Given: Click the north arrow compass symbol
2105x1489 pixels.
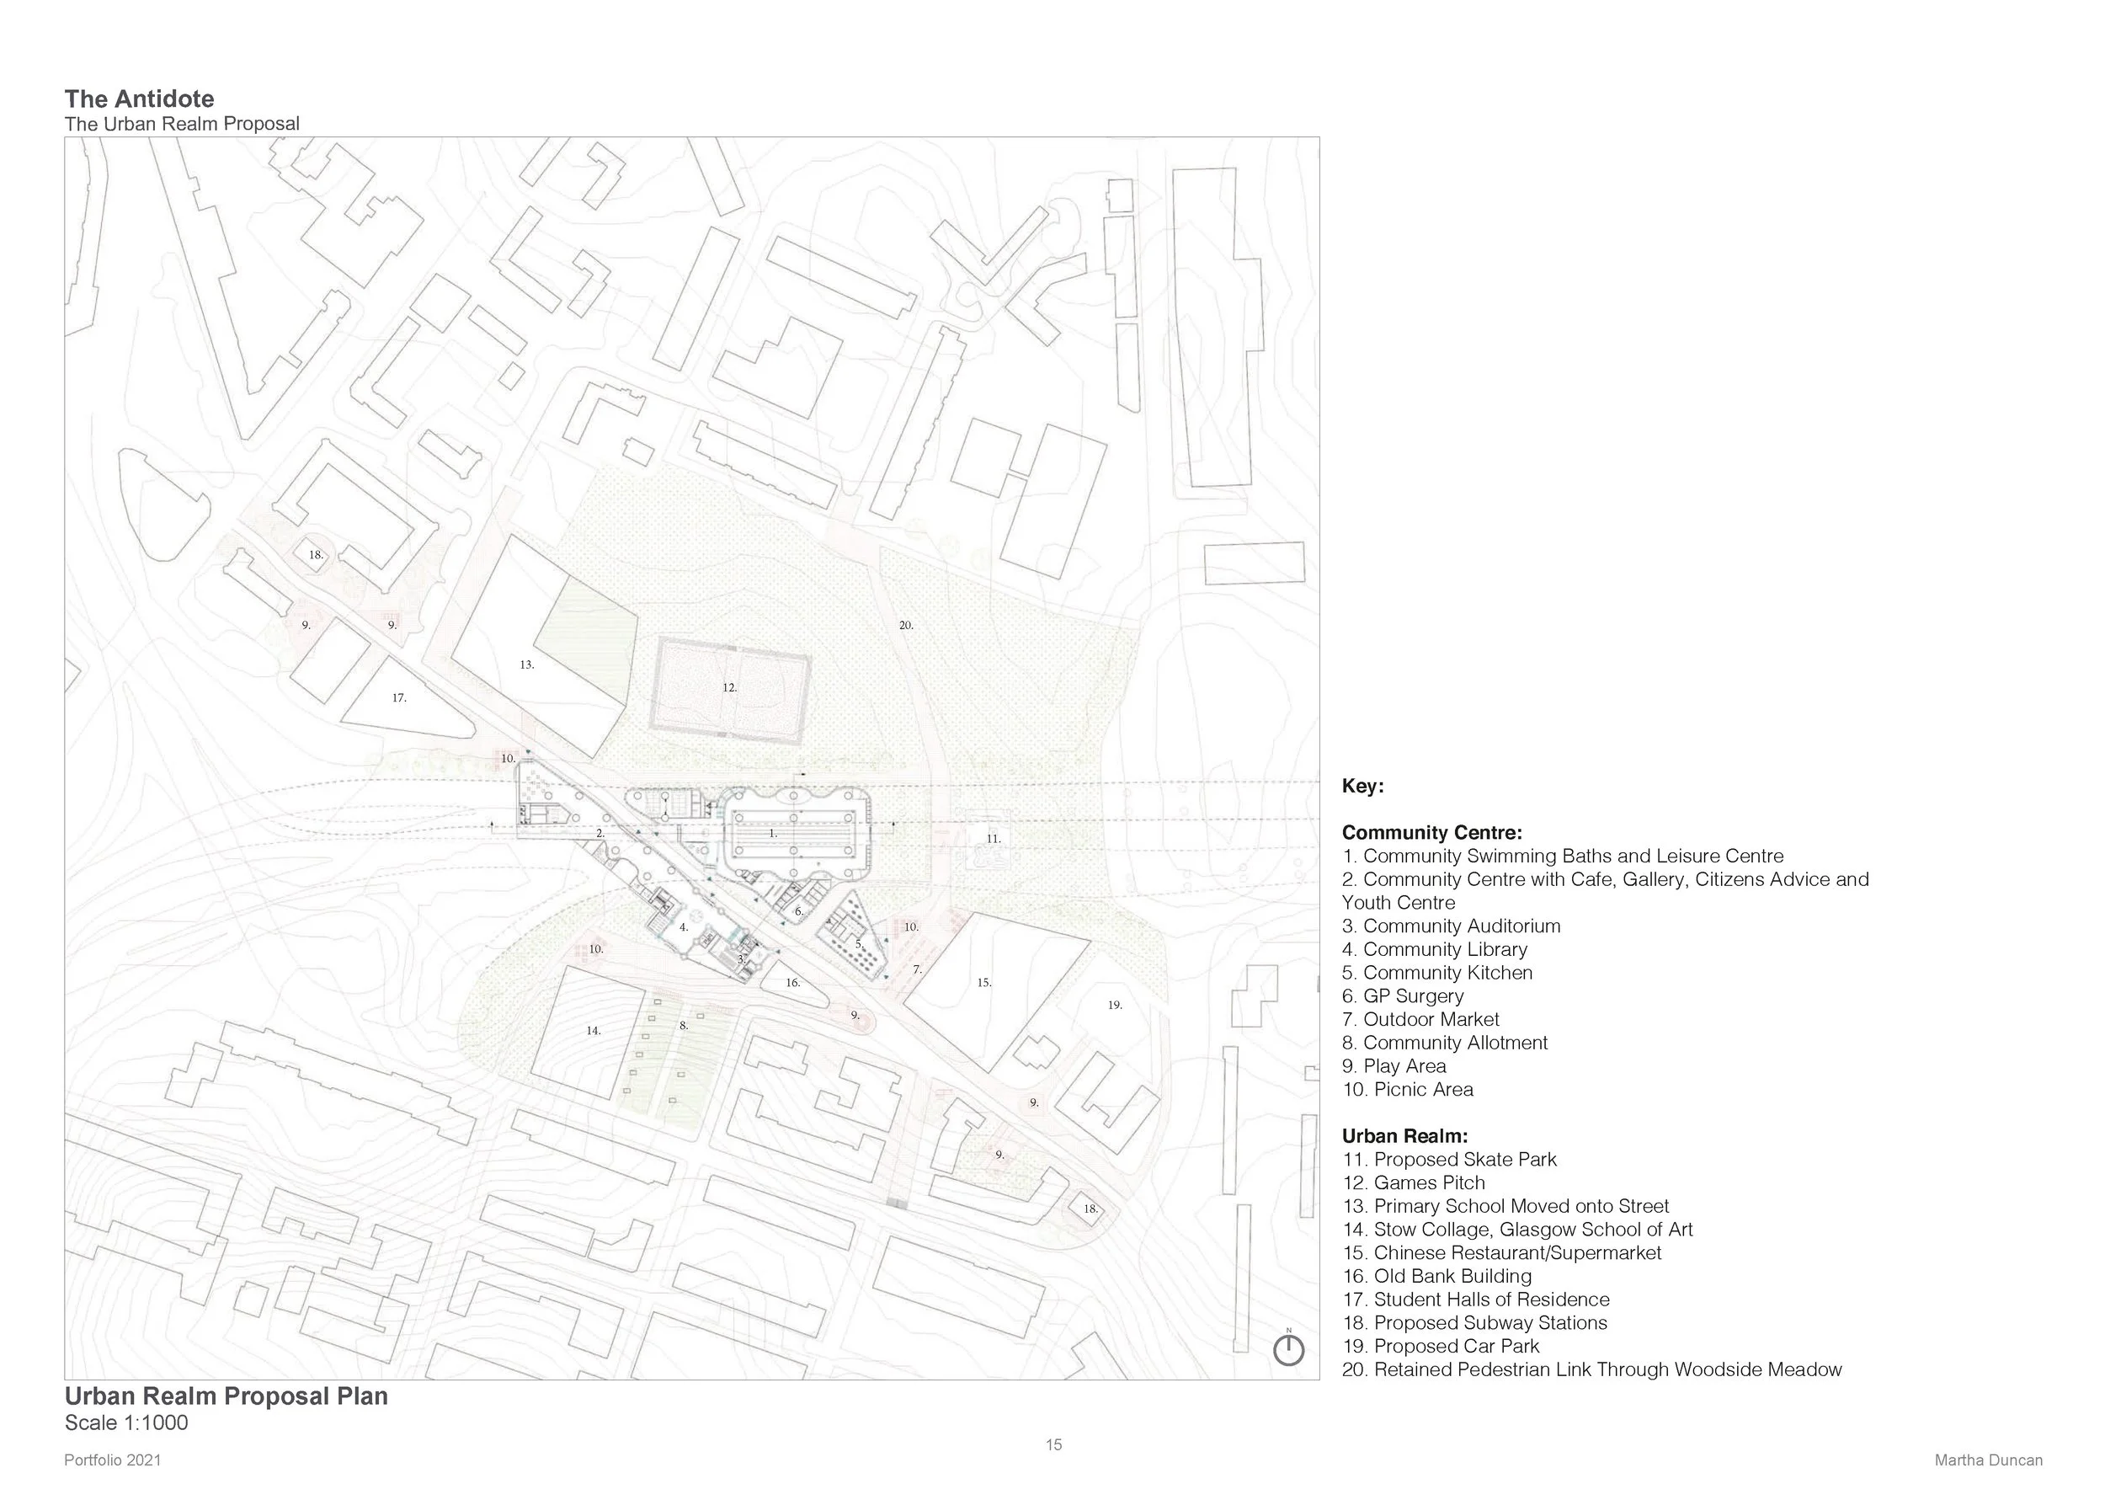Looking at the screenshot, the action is click(x=1288, y=1350).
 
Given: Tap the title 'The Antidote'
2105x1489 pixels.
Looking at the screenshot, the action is click(x=140, y=99).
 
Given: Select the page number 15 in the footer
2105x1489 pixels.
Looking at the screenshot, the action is click(x=1053, y=1445).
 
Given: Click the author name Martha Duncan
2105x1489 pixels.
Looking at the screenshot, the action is click(x=1988, y=1460).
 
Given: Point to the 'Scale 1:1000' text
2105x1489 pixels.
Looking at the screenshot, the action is click(x=126, y=1423).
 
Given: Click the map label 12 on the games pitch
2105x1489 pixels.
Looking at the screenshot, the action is click(x=729, y=688).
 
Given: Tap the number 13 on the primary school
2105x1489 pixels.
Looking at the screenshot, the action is click(x=526, y=664).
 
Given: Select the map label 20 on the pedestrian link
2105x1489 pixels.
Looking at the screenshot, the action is click(x=906, y=625).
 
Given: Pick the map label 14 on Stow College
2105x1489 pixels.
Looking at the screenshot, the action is click(x=593, y=1031).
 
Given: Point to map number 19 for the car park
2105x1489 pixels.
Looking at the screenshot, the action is click(x=1115, y=1006).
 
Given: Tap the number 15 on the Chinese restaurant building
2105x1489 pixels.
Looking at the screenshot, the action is click(x=983, y=983).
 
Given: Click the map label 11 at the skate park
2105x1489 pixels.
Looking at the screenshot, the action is click(x=994, y=839).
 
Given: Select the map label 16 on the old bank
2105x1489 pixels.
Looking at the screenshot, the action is click(x=793, y=983).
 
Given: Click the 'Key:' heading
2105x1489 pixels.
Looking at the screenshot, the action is click(x=1362, y=787).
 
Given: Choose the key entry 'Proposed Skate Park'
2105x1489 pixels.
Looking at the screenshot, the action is click(x=1464, y=1160).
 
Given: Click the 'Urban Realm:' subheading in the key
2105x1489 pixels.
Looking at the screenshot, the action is click(x=1404, y=1137).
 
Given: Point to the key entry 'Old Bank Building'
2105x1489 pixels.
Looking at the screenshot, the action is click(x=1452, y=1276).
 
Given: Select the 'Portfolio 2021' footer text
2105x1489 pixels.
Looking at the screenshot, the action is click(x=113, y=1460).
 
